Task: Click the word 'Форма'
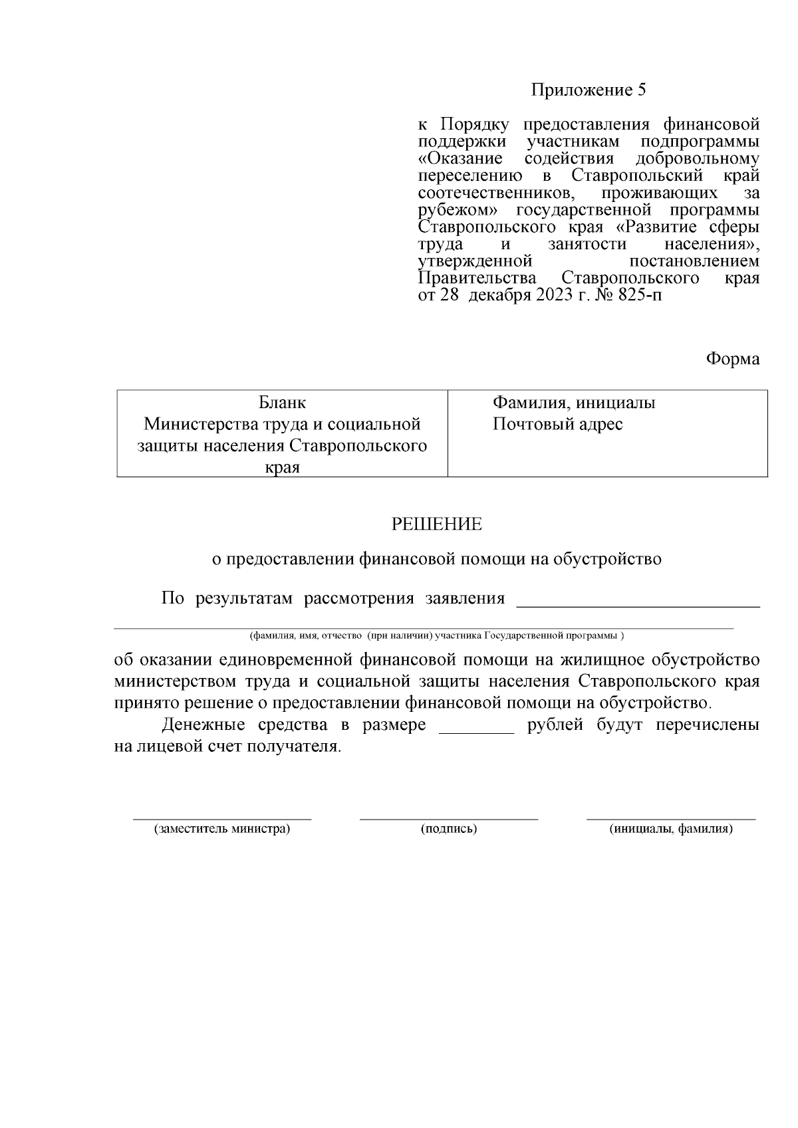click(732, 359)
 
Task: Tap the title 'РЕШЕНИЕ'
click(436, 524)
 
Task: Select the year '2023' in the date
click(550, 295)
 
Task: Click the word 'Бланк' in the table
click(282, 403)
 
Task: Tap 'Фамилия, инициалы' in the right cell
click(574, 403)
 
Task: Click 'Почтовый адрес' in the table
click(557, 424)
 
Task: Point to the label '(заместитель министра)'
click(222, 829)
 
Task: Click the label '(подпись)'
click(449, 829)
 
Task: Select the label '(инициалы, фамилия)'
click(671, 829)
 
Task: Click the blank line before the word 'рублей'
click(476, 732)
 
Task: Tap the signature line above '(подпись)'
click(449, 819)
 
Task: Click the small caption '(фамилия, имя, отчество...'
click(436, 635)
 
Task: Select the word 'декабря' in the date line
click(498, 295)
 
